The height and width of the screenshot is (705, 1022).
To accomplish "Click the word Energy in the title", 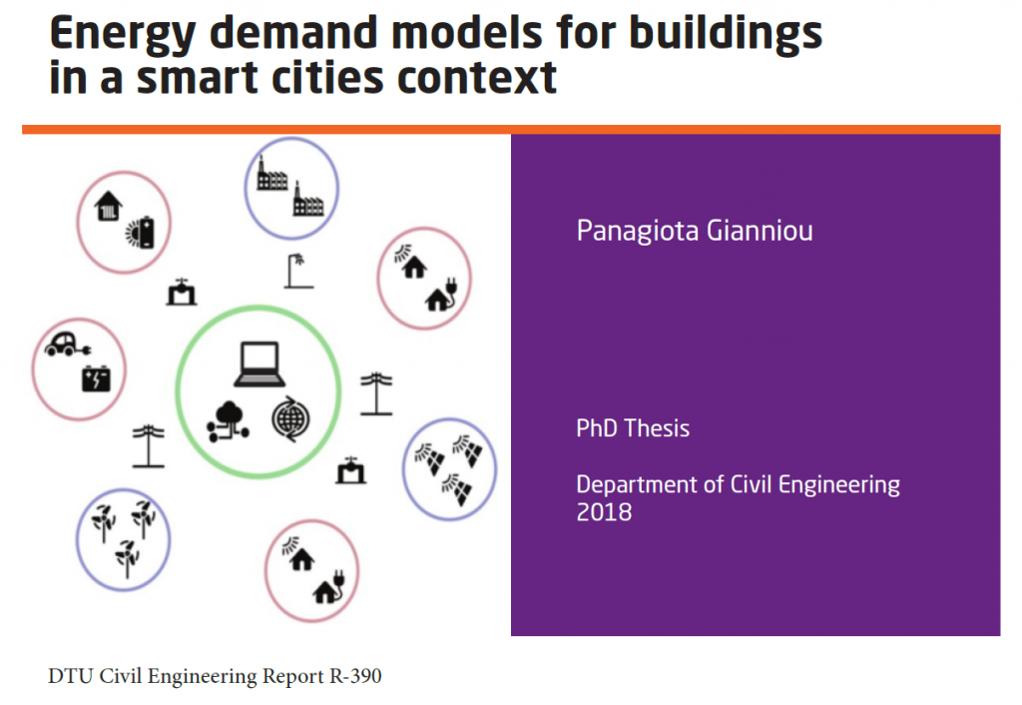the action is [122, 35].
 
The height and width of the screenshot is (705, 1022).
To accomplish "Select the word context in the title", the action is [476, 78].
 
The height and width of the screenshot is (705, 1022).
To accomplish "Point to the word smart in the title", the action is [197, 78].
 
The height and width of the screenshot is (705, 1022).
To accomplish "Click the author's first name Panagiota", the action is [638, 231].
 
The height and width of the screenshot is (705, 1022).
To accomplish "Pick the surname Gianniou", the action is [760, 231].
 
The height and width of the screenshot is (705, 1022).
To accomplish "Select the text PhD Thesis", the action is [633, 428].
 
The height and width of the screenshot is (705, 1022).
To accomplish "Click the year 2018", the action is [604, 512].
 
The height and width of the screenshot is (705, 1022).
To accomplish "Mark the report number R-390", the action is [355, 676].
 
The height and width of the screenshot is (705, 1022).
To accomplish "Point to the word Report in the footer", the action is [291, 677].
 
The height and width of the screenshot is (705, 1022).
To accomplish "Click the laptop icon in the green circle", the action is [259, 363].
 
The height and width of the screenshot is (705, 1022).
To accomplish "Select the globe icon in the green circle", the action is [290, 419].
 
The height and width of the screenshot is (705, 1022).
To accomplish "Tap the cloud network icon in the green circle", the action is [228, 421].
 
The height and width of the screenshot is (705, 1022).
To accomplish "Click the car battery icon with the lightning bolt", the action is [96, 378].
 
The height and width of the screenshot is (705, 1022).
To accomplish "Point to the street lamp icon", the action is [298, 271].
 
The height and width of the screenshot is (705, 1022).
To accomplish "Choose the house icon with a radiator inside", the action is [108, 206].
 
